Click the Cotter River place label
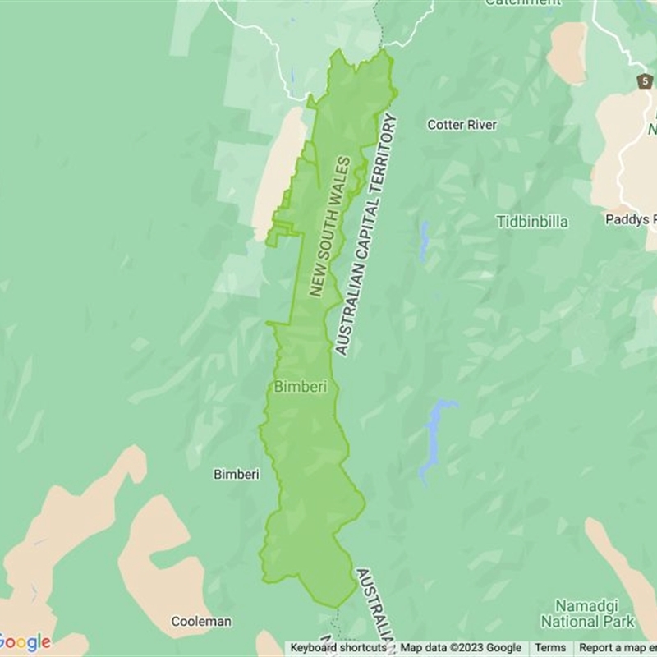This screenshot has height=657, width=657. [462, 125]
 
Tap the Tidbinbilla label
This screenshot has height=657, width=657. [531, 222]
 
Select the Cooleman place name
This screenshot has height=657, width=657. [201, 622]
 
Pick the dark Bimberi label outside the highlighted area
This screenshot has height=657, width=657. [237, 474]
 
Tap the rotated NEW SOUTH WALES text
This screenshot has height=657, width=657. [330, 226]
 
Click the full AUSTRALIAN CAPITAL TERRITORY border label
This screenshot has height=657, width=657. [366, 235]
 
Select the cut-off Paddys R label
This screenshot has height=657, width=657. [631, 219]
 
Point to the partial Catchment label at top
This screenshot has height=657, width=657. [522, 3]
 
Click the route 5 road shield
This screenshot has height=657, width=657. [646, 81]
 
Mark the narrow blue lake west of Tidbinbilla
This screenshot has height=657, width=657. [423, 241]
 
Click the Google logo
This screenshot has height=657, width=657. [25, 642]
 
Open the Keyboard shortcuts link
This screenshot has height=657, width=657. [338, 648]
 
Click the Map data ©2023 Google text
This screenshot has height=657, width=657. [461, 648]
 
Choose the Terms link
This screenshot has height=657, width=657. [550, 648]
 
